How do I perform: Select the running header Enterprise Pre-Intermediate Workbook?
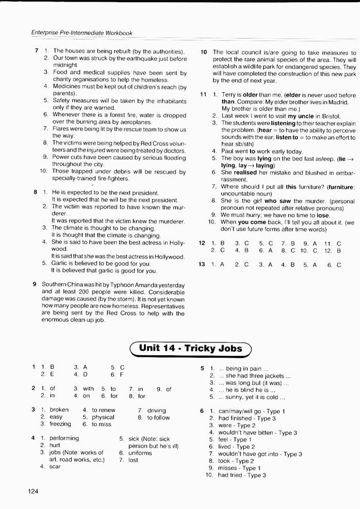(x=82, y=33)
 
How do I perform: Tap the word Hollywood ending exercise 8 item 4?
(x=168, y=256)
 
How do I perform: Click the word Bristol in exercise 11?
(x=329, y=116)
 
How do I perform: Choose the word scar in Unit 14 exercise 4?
(x=55, y=466)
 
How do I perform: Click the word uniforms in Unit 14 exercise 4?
(x=140, y=453)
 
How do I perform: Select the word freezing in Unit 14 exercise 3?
(x=61, y=424)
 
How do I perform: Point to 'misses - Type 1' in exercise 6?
(x=239, y=468)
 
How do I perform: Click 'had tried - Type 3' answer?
(x=241, y=476)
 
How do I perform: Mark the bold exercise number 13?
(x=202, y=264)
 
